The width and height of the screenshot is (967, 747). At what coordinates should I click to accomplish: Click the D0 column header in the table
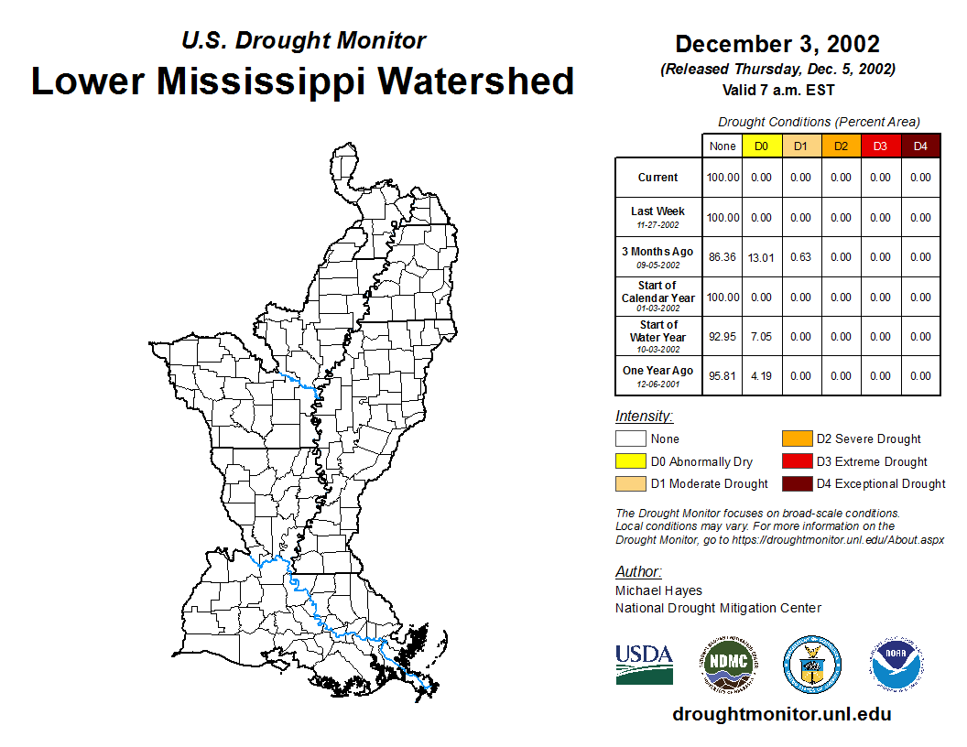click(761, 146)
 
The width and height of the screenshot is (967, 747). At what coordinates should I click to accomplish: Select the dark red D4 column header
click(920, 146)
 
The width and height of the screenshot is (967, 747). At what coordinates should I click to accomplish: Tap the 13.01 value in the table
click(761, 257)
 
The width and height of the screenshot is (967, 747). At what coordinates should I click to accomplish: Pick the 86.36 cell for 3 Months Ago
click(723, 257)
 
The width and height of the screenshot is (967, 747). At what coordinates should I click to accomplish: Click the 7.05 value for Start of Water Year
click(761, 337)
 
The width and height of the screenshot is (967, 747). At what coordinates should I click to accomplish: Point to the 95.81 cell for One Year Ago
click(723, 376)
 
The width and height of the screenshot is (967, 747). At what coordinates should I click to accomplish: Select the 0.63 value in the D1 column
click(801, 257)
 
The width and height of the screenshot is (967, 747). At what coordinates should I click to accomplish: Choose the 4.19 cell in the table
click(761, 376)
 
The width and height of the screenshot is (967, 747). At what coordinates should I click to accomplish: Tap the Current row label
click(657, 178)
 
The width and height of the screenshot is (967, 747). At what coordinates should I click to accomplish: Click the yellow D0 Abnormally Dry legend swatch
click(630, 461)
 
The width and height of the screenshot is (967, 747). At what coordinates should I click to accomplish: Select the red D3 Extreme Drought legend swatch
click(796, 461)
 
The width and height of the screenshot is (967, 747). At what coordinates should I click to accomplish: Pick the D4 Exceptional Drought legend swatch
click(796, 483)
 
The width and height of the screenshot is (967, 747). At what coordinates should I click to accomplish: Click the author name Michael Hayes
click(658, 590)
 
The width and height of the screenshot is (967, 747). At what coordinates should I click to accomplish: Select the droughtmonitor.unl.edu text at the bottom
click(782, 714)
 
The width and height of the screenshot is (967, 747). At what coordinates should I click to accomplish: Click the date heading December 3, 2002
click(777, 44)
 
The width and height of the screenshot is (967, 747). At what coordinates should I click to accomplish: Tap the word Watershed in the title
click(475, 81)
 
